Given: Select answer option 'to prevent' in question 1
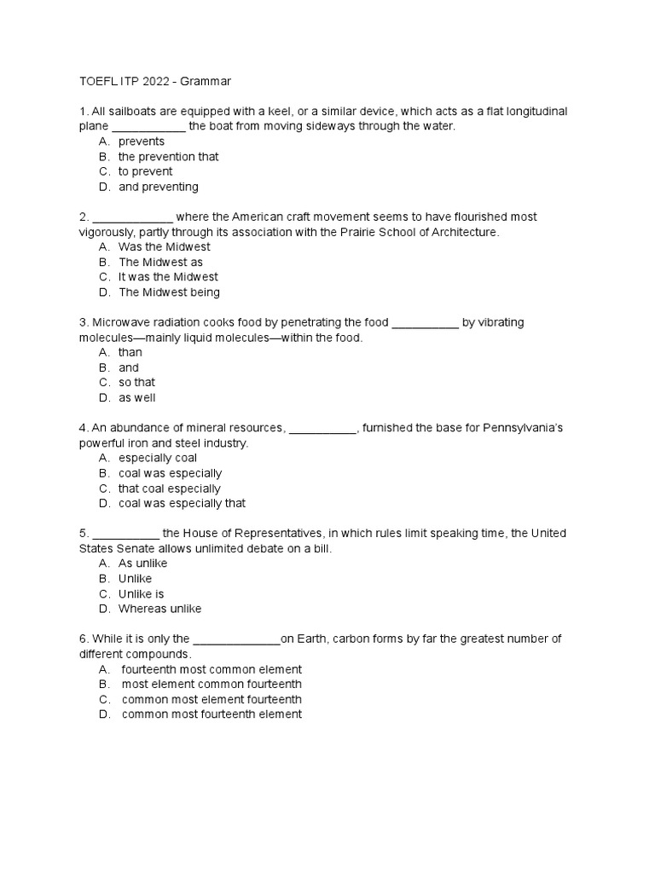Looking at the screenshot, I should point(145,171).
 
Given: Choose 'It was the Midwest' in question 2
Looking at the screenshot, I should point(168,277).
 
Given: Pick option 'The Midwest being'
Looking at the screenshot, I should point(169,292).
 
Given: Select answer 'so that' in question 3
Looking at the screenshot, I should point(136,383).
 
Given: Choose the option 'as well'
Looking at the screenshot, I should point(136,398).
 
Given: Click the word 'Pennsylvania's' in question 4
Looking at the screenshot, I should point(525,428).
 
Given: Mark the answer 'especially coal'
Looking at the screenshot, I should point(158,458).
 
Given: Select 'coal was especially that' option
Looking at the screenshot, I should point(182,504).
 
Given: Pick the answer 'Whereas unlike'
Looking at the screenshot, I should point(160,609).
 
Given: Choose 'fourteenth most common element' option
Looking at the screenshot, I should point(212,669).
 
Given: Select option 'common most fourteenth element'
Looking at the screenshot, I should point(212,714).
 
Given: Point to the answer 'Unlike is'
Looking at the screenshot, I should point(142,593).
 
